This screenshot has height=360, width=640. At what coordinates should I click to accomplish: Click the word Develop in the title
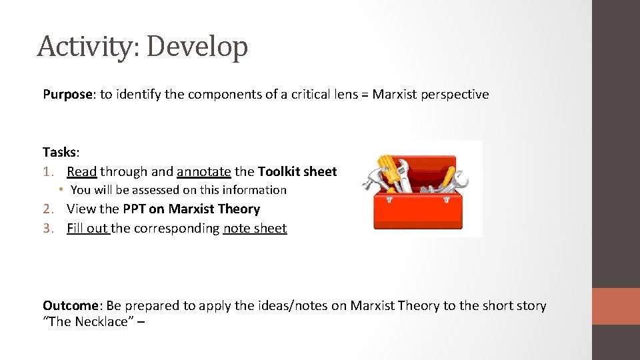coord(197,47)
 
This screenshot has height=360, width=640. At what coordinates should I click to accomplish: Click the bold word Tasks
coord(59,152)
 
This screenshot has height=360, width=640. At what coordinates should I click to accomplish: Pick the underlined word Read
coord(82,171)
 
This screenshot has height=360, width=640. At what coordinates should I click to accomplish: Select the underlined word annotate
coord(204,171)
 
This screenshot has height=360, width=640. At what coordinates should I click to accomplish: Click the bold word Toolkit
coord(279,171)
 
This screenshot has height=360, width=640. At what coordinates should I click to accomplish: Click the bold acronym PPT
coord(135,209)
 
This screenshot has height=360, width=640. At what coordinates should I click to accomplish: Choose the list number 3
coord(47,228)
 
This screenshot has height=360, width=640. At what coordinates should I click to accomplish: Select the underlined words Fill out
coord(87,228)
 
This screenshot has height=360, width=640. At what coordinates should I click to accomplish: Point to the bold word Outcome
coord(70,305)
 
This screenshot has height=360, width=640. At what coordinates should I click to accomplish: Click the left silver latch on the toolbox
coord(392,199)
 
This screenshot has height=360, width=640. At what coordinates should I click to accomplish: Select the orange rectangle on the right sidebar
coord(616,306)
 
